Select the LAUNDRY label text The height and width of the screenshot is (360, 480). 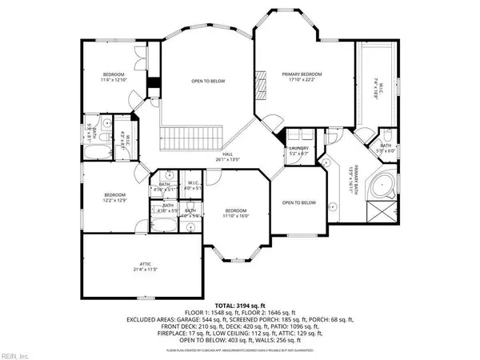click(x=298, y=147)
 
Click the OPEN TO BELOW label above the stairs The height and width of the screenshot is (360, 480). click(x=206, y=80)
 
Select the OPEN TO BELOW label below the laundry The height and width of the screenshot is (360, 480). click(x=300, y=202)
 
